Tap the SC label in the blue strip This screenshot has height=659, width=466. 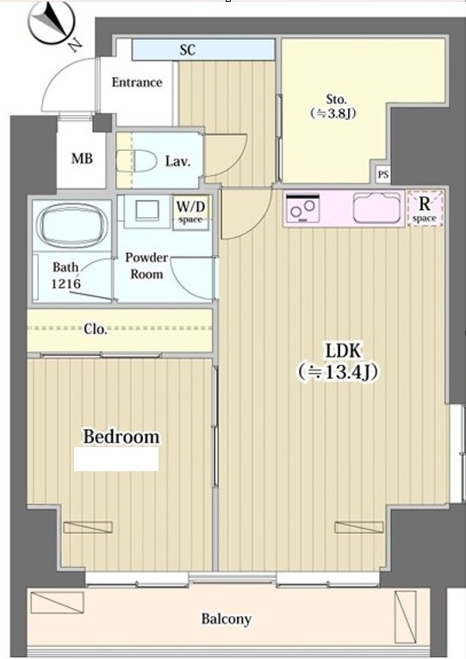(x=188, y=50)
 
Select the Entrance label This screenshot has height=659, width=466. (x=137, y=82)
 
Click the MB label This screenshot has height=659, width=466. (x=82, y=159)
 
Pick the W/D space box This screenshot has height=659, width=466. (x=190, y=212)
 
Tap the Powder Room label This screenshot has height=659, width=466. (x=146, y=265)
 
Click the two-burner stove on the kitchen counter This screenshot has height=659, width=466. (x=303, y=208)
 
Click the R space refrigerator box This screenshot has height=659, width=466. (x=425, y=208)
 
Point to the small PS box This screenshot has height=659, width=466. (x=382, y=174)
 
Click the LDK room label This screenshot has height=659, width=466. (x=343, y=351)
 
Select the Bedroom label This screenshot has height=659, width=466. (x=121, y=437)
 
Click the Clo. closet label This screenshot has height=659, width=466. (x=96, y=329)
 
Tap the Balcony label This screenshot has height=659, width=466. (x=226, y=619)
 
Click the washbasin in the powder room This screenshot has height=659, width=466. (x=147, y=209)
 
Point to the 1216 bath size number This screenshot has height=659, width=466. (x=66, y=283)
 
